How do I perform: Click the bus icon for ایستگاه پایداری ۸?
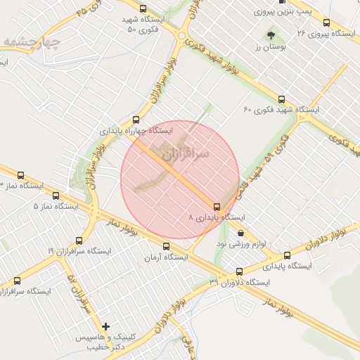[x=216, y=207]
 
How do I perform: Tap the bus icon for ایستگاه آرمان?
[x=167, y=246]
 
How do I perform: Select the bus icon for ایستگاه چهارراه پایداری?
[x=136, y=120]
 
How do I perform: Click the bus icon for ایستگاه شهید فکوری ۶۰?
[x=282, y=99]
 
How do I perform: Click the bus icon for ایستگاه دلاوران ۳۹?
[x=239, y=271]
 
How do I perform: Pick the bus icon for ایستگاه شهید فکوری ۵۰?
[x=143, y=9]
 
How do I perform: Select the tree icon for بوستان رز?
[x=270, y=34]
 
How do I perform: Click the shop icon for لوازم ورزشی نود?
[x=241, y=233]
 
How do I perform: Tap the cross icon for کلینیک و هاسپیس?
[x=105, y=326]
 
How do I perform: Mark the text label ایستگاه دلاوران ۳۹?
[x=239, y=282]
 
